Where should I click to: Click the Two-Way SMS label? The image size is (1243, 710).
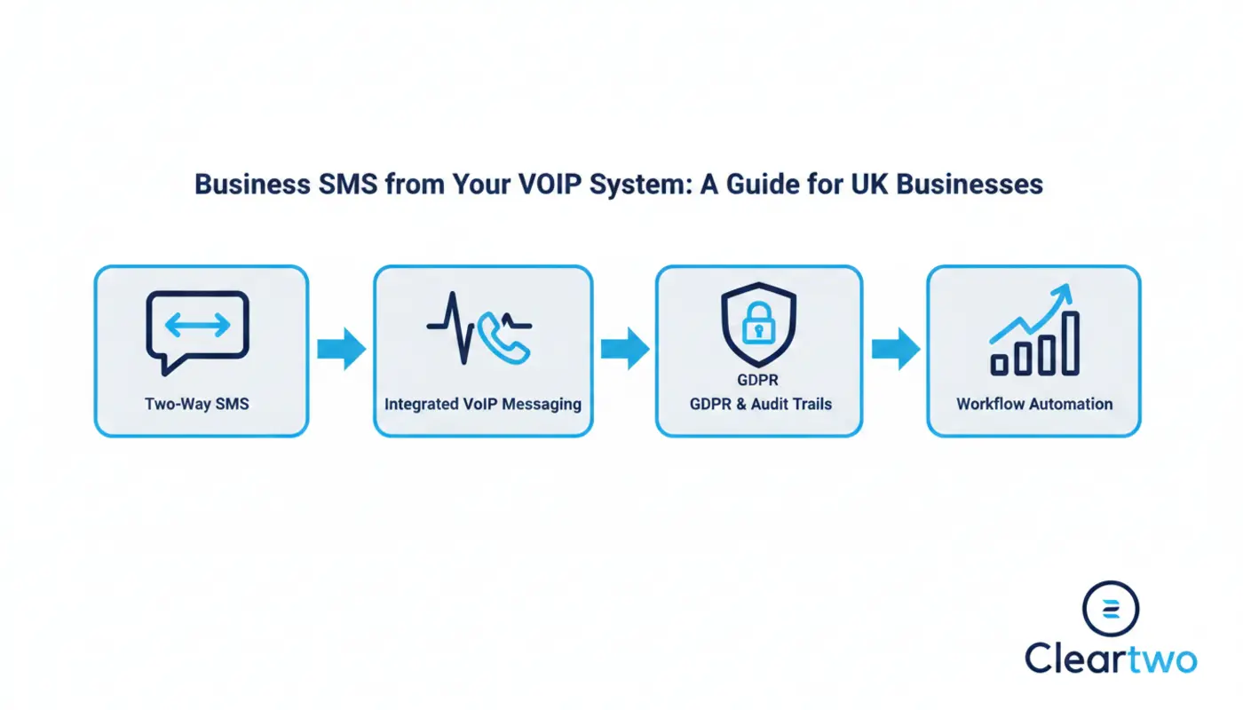click(197, 404)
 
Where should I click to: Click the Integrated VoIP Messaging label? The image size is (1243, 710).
click(483, 404)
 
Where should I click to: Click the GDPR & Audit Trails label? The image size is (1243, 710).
click(760, 404)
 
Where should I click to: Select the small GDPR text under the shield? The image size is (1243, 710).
click(757, 382)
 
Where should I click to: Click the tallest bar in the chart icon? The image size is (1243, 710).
click(1071, 343)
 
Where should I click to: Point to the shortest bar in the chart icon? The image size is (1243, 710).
click(1000, 363)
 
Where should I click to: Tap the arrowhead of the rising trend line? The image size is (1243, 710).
click(1064, 292)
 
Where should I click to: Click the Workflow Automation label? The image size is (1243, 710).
click(1034, 404)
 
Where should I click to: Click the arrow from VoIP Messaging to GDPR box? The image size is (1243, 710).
click(624, 349)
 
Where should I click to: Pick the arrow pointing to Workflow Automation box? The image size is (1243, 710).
click(895, 349)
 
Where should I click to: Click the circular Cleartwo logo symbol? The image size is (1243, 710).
click(1110, 609)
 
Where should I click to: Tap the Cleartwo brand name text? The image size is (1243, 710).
click(1111, 659)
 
